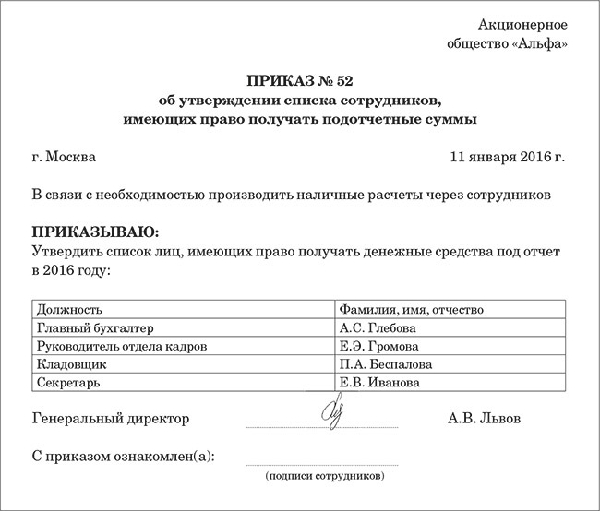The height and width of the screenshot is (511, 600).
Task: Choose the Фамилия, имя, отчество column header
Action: [411, 309]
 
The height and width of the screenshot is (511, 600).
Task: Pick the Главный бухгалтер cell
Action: [90, 327]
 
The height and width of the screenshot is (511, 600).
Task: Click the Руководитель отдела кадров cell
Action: [120, 346]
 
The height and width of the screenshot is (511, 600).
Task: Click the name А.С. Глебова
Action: [378, 327]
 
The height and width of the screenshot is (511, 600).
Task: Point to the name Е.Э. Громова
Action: [379, 346]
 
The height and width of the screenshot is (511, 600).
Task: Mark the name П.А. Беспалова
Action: [386, 364]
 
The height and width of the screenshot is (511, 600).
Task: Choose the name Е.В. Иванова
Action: [379, 382]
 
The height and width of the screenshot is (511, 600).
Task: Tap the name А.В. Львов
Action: [484, 419]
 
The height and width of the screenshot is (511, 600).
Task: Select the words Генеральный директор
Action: [111, 419]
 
